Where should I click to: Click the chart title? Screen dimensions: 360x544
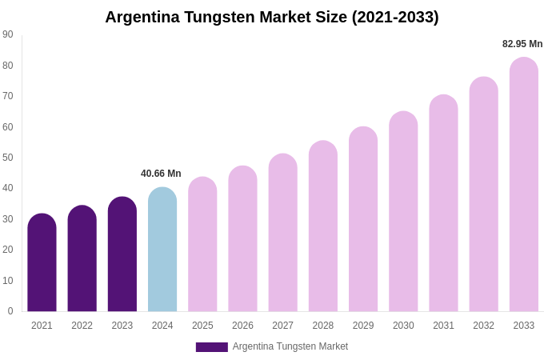272,17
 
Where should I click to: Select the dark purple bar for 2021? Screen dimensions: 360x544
42,264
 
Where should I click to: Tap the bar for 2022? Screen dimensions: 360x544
82,260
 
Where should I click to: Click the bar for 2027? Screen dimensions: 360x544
282,234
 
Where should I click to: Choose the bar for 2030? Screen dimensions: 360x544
403,212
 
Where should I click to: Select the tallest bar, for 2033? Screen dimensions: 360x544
524,186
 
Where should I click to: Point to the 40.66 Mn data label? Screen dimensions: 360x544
161,174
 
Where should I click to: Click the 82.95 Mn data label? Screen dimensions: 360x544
522,44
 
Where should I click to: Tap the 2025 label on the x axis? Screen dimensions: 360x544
202,326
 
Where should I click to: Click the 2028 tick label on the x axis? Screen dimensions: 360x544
323,326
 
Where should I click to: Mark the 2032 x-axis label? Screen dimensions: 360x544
483,326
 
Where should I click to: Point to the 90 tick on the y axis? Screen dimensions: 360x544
8,34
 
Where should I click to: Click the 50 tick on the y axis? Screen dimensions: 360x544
8,158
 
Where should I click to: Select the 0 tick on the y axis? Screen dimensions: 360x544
10,311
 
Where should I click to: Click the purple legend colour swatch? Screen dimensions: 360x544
211,347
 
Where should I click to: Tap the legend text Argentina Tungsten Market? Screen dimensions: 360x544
290,346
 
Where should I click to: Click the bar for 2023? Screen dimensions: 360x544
122,255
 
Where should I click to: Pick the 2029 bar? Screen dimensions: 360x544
363,220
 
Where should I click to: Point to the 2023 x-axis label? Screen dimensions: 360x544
122,326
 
